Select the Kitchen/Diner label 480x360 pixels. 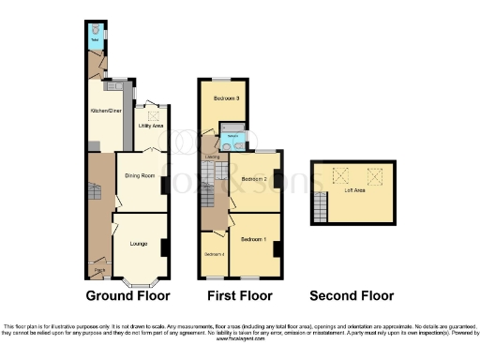105,111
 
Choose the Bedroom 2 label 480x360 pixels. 254,178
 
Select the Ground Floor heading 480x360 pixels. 127,296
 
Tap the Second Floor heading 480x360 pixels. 352,296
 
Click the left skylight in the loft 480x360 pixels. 338,173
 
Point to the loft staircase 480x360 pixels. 322,205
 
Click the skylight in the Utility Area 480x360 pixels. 152,115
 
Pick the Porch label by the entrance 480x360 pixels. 99,272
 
